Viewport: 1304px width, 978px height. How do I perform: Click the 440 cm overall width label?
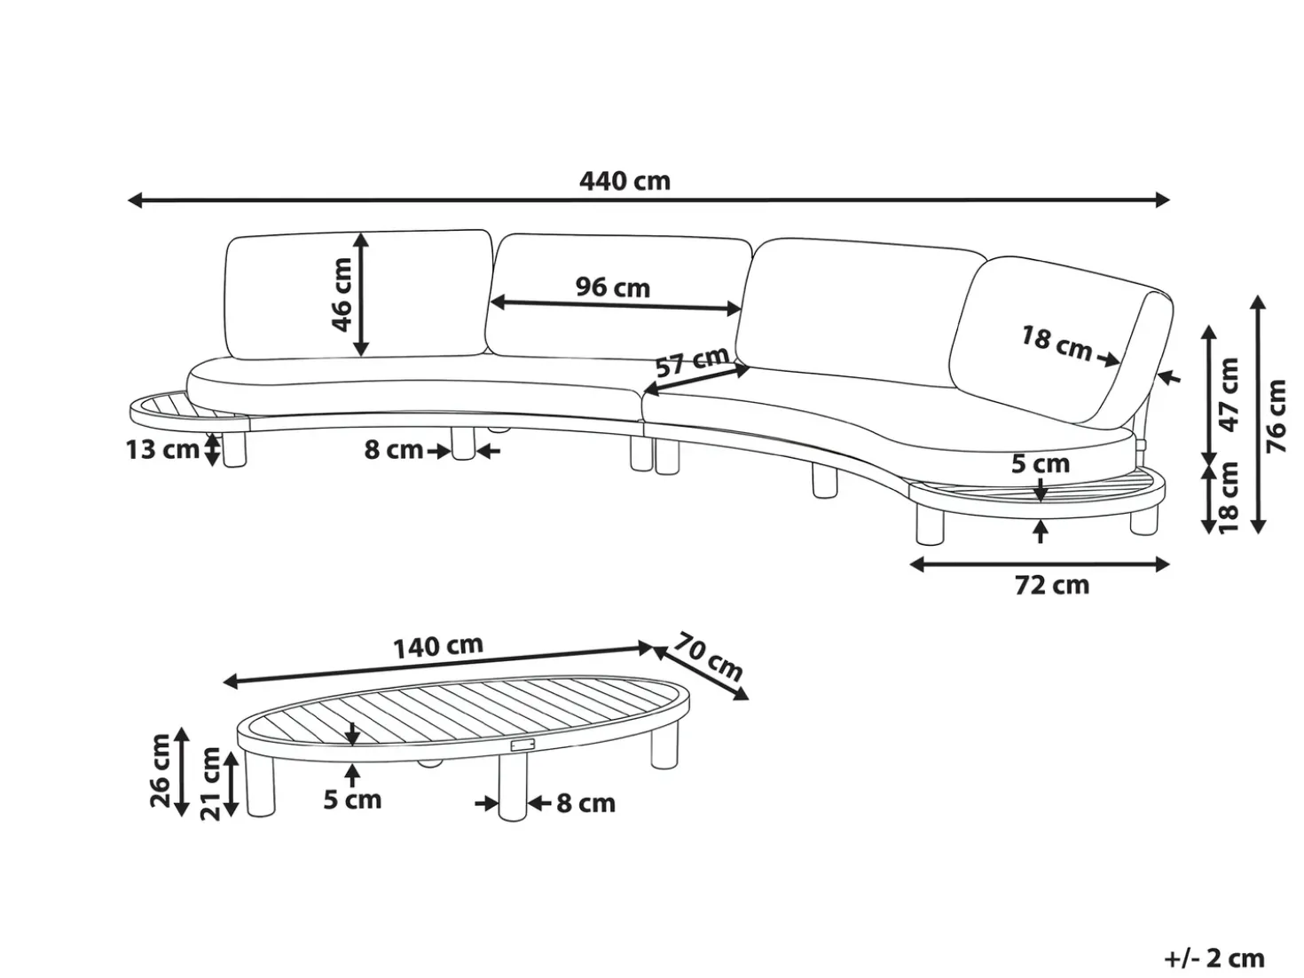(625, 181)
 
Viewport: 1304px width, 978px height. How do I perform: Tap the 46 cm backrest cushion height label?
(342, 294)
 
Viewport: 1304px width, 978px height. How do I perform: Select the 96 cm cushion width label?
(613, 288)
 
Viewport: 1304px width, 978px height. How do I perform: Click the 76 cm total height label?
(1277, 415)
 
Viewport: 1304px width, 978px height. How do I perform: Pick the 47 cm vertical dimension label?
(1229, 395)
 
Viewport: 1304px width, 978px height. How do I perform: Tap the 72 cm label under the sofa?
(1052, 585)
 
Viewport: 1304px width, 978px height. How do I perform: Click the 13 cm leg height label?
(162, 450)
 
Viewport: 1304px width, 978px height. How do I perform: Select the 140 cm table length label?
(438, 646)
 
